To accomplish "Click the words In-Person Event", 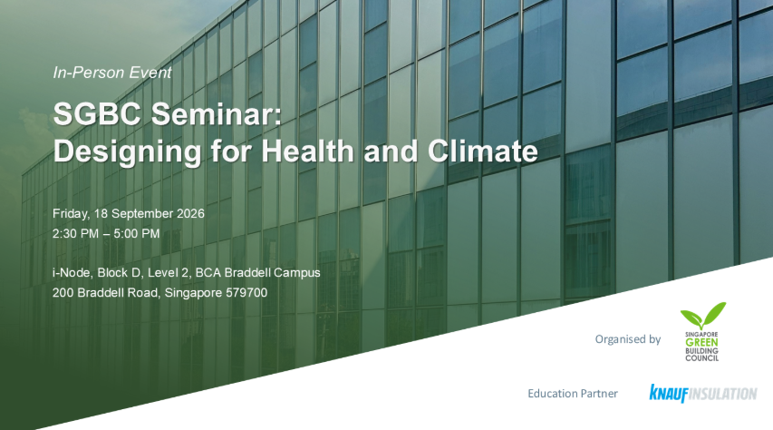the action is click(x=111, y=73).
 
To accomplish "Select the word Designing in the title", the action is click(x=127, y=152).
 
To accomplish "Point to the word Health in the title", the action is click(x=307, y=151).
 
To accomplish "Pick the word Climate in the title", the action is click(x=483, y=151).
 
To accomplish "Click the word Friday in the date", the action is click(x=70, y=214).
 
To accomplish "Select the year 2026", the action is click(x=190, y=214).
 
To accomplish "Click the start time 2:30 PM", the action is click(x=75, y=233).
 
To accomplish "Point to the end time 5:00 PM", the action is click(x=137, y=233).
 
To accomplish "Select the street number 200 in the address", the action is click(x=63, y=293).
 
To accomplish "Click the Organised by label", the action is click(x=628, y=339).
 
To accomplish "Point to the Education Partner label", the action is click(x=573, y=394).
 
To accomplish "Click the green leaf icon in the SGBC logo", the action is click(x=703, y=316).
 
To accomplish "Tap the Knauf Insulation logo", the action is click(x=703, y=394).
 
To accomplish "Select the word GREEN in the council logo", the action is click(x=701, y=343).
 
